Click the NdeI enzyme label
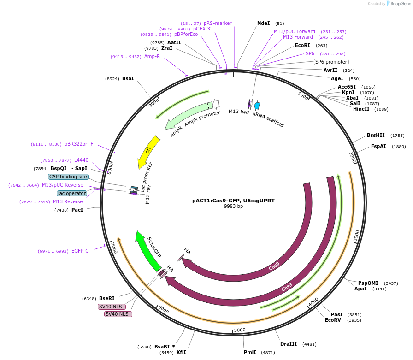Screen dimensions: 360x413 pyautogui.click(x=263, y=23)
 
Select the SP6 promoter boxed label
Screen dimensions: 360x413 pyautogui.click(x=331, y=62)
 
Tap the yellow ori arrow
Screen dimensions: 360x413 pyautogui.click(x=148, y=152)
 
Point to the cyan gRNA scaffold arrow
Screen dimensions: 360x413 pyautogui.click(x=257, y=106)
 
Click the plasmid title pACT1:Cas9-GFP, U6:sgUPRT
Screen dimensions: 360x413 pyautogui.click(x=233, y=201)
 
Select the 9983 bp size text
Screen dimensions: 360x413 pyautogui.click(x=233, y=207)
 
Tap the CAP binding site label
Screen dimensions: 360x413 pyautogui.click(x=68, y=177)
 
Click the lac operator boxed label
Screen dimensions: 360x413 pyautogui.click(x=72, y=193)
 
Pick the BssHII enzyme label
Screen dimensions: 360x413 pyautogui.click(x=376, y=136)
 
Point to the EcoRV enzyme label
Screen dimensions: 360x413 pyautogui.click(x=333, y=320)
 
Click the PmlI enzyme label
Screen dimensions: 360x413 pyautogui.click(x=250, y=352)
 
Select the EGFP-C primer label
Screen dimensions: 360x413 pyautogui.click(x=80, y=251)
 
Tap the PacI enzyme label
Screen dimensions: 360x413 pyautogui.click(x=77, y=210)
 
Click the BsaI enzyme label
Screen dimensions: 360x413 pyautogui.click(x=128, y=78)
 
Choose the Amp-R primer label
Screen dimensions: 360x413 pyautogui.click(x=152, y=56)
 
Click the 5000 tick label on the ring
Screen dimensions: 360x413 pyautogui.click(x=240, y=330)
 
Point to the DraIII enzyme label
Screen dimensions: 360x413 pyautogui.click(x=289, y=344)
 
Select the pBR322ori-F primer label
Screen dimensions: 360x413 pyautogui.click(x=79, y=144)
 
